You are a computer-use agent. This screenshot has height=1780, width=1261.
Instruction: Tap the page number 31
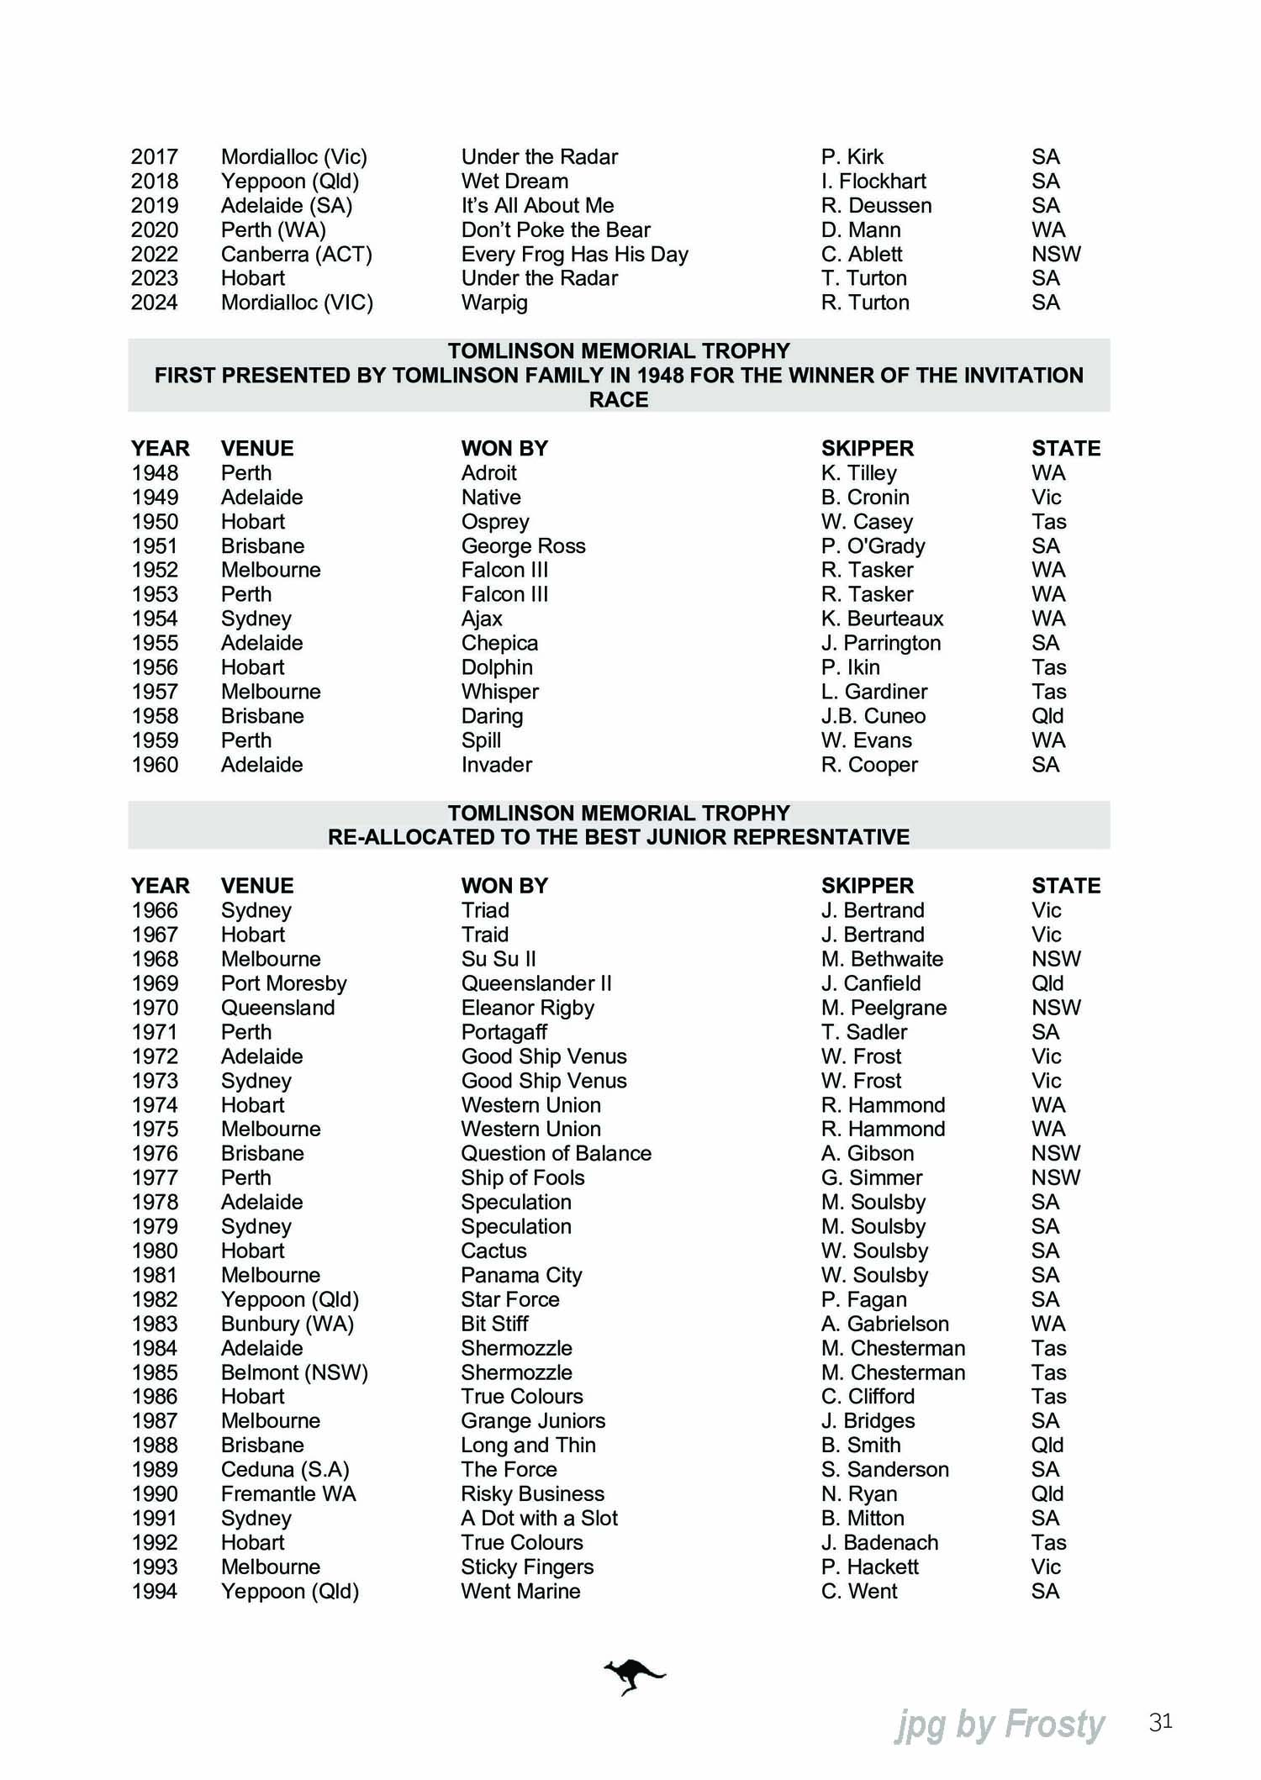(x=1160, y=1722)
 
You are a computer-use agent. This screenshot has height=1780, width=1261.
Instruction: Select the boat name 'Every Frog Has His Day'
(x=574, y=254)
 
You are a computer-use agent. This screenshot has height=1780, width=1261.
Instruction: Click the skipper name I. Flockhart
(x=873, y=181)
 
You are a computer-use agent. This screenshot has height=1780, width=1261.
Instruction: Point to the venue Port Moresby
(x=283, y=983)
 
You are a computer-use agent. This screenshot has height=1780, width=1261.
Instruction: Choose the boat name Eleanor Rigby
(x=527, y=1008)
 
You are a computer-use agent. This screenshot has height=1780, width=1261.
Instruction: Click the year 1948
(x=155, y=473)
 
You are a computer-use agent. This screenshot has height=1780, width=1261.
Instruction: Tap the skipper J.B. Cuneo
(x=873, y=716)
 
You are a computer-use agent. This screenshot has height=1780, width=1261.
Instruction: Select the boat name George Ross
(x=523, y=546)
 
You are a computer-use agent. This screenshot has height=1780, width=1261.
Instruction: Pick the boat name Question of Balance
(x=556, y=1153)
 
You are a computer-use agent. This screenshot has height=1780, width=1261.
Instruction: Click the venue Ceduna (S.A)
(x=285, y=1469)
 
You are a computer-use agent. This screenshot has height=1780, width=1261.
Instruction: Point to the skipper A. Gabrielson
(x=884, y=1324)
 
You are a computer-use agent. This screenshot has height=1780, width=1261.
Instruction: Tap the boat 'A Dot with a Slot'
(x=539, y=1518)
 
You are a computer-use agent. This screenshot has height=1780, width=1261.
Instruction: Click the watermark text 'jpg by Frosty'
(x=1000, y=1725)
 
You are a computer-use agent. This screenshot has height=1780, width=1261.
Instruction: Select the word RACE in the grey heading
(x=619, y=400)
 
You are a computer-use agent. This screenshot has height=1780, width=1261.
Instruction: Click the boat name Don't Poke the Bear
(x=556, y=229)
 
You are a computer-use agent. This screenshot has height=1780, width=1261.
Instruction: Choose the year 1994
(x=155, y=1591)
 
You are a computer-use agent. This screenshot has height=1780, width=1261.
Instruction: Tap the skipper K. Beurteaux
(x=882, y=619)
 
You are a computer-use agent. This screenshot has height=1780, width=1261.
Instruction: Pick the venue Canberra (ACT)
(x=296, y=254)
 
